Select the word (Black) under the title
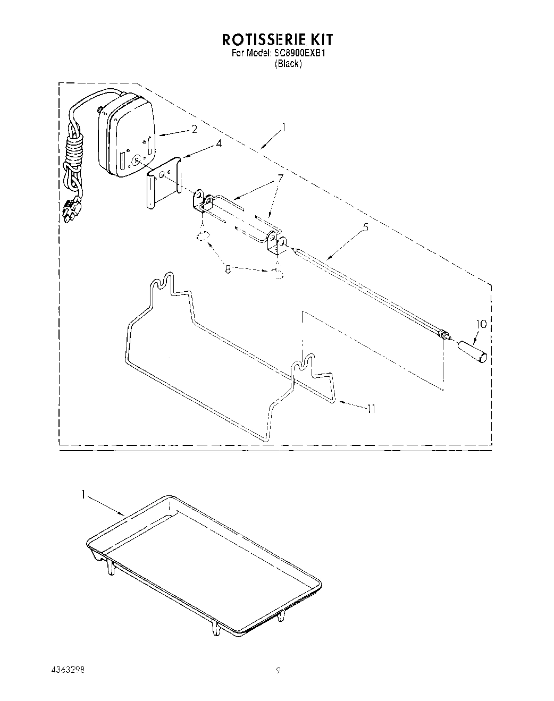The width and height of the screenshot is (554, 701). pos(288,64)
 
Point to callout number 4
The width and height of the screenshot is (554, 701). pos(204,143)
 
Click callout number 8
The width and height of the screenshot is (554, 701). pos(228,269)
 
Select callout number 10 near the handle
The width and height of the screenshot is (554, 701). pos(481,324)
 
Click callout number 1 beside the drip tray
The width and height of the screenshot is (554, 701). pos(83,494)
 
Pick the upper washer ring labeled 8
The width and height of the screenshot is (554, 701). pos(202,236)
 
